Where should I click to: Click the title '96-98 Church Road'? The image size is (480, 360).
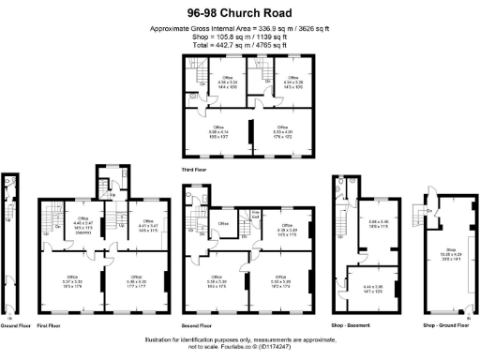pyautogui.click(x=239, y=13)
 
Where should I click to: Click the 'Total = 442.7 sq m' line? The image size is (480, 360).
pyautogui.click(x=239, y=45)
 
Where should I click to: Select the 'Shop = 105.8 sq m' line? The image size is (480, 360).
pyautogui.click(x=239, y=37)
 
